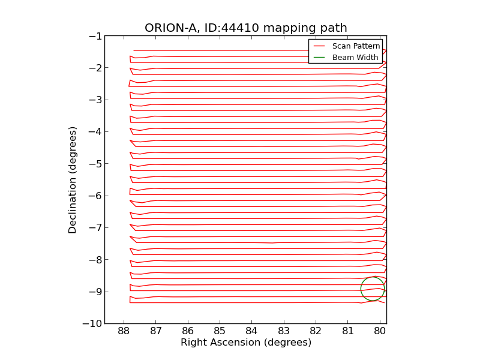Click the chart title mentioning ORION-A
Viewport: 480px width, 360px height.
click(x=245, y=28)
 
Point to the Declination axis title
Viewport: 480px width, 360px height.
click(x=73, y=179)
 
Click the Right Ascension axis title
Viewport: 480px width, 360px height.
click(x=245, y=343)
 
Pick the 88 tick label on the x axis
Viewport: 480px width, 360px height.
click(x=124, y=331)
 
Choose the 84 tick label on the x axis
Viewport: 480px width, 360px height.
click(x=251, y=331)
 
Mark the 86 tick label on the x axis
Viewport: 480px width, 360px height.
click(x=188, y=331)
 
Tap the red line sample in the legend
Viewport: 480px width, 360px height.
click(x=319, y=46)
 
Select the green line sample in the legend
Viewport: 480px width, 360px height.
click(x=319, y=58)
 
